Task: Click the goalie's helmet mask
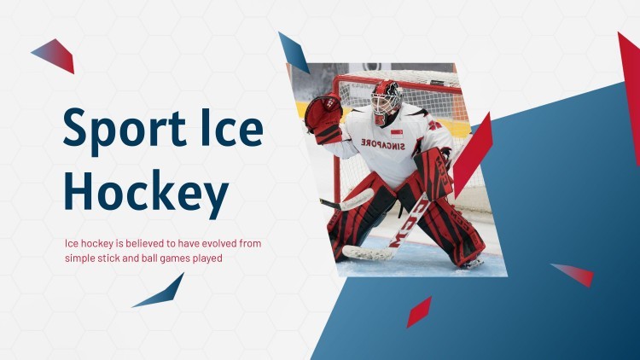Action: pos(387,101)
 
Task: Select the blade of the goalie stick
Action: pos(363,253)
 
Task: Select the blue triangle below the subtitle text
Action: pos(162,292)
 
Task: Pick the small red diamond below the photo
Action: pos(418,311)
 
